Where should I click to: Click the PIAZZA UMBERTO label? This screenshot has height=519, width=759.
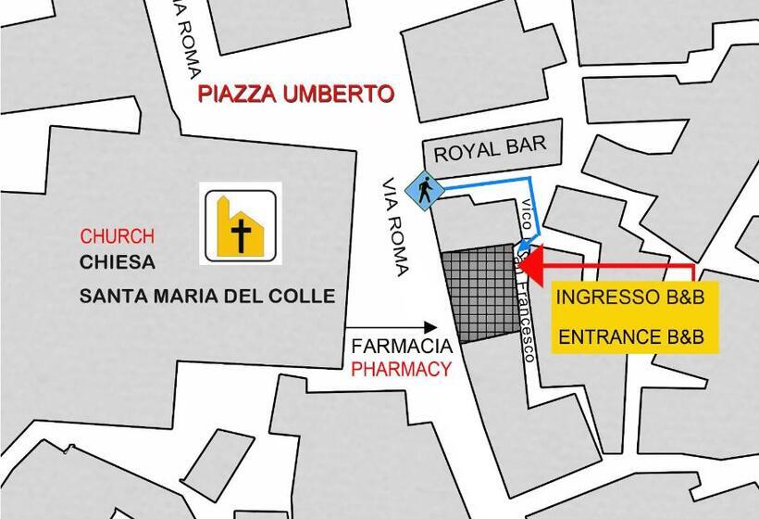(x=295, y=94)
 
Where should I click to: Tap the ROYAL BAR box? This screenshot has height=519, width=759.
(x=491, y=146)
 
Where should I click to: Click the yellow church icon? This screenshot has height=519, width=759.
(x=239, y=227)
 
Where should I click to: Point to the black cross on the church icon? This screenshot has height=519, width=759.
(x=242, y=235)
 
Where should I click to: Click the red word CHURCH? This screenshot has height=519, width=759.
(x=117, y=236)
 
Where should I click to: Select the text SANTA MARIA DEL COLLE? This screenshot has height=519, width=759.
(x=206, y=297)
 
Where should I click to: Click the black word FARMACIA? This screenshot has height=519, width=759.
(x=402, y=347)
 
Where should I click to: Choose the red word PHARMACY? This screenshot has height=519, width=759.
(x=401, y=369)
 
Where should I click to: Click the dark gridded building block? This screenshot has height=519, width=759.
(x=482, y=295)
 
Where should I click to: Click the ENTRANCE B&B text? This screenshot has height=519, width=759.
(x=637, y=336)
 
